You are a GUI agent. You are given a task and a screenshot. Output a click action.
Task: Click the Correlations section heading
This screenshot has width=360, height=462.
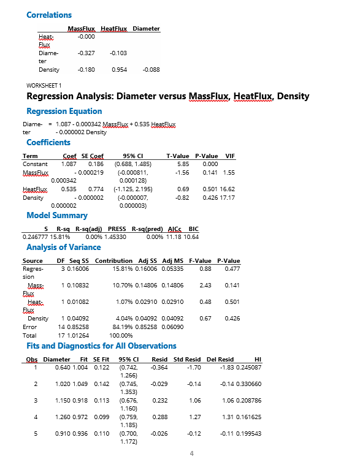coord(49,15)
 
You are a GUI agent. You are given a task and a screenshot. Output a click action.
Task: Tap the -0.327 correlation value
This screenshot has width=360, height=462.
coord(85,54)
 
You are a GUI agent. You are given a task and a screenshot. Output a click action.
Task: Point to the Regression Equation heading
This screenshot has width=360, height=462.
coord(64,111)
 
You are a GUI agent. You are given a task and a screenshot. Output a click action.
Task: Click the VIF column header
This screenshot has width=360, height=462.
coord(231,156)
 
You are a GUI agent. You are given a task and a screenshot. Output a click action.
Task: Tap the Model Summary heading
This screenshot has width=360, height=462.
coord(57,215)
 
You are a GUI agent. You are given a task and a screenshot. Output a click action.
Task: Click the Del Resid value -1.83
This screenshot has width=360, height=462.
coord(226,367)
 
